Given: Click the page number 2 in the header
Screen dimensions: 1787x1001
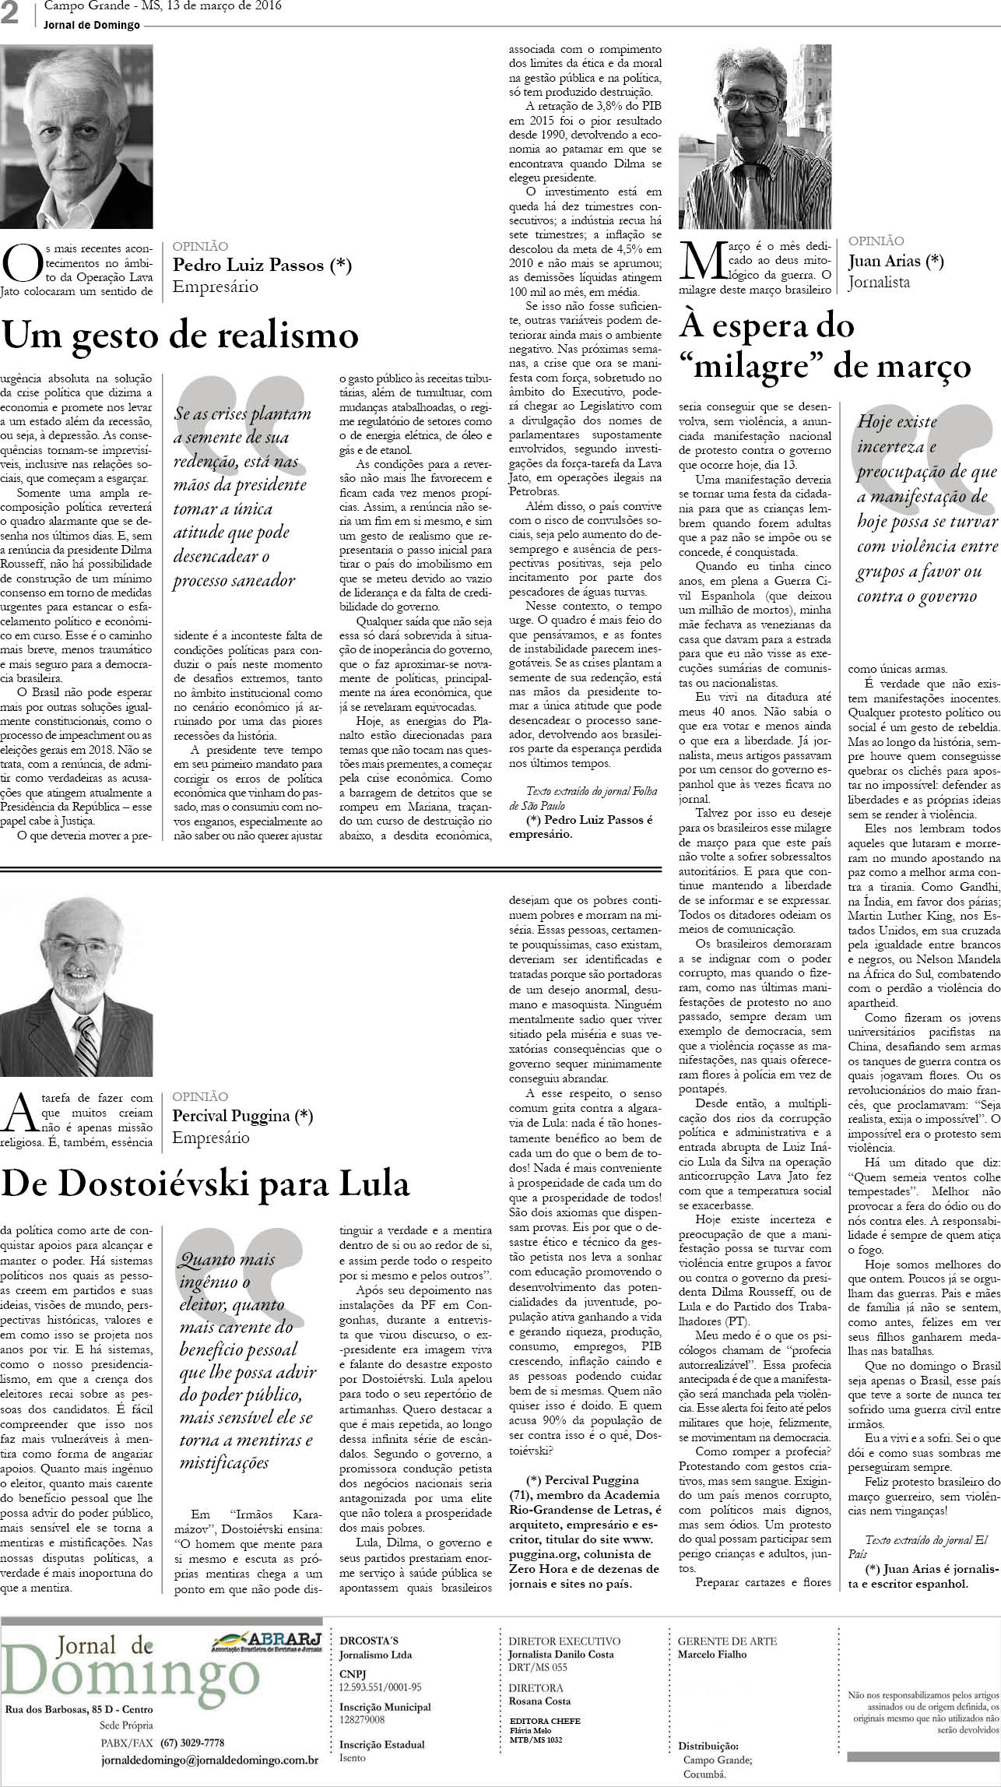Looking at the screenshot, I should [11, 15].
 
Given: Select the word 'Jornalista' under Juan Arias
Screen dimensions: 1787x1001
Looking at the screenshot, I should [879, 282].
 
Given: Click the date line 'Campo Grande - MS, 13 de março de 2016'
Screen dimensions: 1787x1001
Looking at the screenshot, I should [163, 7].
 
